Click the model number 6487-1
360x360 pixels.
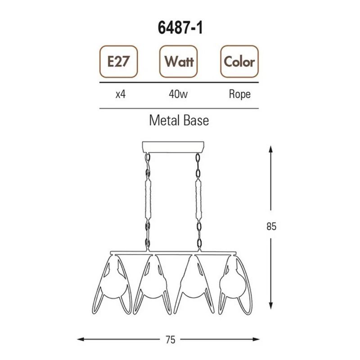click(x=180, y=28)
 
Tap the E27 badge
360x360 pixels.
click(x=118, y=62)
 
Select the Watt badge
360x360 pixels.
click(x=178, y=62)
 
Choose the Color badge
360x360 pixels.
click(x=239, y=62)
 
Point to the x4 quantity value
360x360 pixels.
click(x=121, y=94)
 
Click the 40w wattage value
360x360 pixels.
click(x=178, y=94)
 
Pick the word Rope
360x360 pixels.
click(x=240, y=94)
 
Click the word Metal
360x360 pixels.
click(x=164, y=120)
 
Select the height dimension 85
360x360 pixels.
click(x=271, y=226)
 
